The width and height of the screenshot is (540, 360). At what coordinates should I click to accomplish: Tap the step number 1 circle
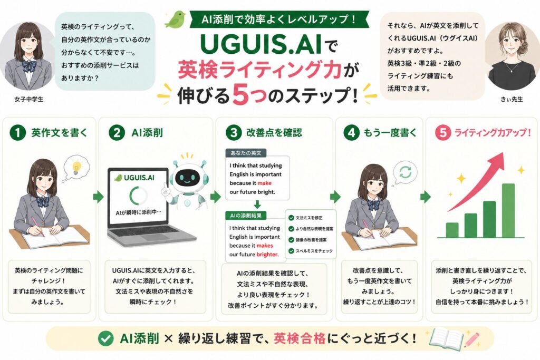point(18,132)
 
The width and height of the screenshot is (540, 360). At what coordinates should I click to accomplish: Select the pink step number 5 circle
point(443,132)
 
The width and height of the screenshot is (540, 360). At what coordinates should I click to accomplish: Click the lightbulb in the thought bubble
point(76,167)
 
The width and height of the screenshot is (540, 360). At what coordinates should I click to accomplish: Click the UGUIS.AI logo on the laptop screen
point(134,178)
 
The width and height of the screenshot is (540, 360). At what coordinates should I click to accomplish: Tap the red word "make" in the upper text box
point(265,183)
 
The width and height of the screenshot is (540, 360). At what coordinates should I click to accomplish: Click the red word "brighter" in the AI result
point(267,255)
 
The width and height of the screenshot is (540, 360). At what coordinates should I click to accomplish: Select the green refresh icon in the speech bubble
point(406,172)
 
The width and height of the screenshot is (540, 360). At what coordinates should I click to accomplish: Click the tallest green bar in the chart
point(508,211)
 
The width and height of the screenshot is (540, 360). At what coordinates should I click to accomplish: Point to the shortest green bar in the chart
point(452,230)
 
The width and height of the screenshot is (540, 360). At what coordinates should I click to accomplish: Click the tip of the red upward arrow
point(503,153)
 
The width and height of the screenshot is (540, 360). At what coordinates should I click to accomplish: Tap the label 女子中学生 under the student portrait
point(29,100)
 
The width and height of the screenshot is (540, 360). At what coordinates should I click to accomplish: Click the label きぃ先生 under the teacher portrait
point(512,100)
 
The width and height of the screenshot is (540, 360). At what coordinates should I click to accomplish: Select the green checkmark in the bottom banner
point(105,338)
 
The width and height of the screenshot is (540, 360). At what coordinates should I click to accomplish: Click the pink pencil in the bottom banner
point(472,339)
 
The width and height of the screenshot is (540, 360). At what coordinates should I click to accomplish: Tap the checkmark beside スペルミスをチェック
point(291,251)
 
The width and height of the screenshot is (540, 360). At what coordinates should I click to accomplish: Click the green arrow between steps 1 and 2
point(98,197)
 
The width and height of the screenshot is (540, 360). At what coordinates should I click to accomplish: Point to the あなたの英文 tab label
point(246,153)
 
